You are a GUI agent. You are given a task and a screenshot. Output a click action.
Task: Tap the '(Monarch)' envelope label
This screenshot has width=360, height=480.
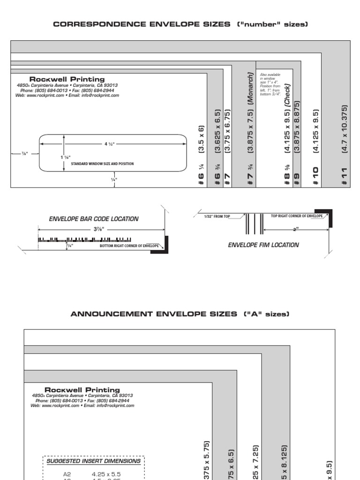(251, 87)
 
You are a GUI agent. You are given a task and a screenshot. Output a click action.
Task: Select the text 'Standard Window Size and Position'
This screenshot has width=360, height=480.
(102, 164)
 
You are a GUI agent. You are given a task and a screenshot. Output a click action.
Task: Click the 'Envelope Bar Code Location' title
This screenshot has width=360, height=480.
(94, 219)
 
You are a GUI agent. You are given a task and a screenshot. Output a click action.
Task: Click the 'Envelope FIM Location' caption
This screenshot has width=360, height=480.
(263, 245)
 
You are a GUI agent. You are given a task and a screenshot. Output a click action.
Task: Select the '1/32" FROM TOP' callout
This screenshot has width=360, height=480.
(217, 217)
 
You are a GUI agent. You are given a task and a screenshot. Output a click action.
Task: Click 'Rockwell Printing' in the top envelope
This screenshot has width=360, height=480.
(67, 79)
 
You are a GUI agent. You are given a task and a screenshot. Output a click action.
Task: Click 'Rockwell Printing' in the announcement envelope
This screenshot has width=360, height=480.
(82, 390)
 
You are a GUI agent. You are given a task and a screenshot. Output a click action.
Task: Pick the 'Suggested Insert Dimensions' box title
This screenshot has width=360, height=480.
(94, 461)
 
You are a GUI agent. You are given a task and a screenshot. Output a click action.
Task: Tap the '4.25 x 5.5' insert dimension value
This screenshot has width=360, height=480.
(105, 474)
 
